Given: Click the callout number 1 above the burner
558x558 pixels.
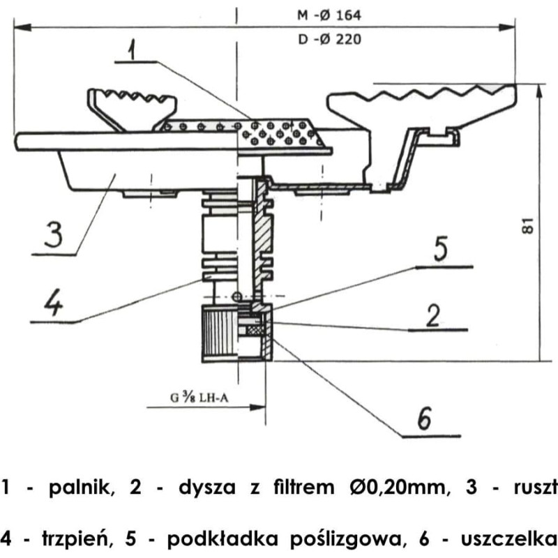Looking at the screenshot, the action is point(133,50).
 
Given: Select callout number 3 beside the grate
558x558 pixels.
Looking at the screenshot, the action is point(54,234).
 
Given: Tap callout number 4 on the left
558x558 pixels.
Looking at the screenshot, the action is point(54,302).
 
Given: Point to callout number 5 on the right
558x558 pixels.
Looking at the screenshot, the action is point(441,249).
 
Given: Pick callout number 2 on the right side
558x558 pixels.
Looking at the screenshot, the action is point(433,315).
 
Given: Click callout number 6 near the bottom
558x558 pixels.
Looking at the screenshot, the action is point(424,418).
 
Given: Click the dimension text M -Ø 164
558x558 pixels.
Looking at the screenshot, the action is point(329,15).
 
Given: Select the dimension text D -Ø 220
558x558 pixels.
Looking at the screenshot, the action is point(329,39).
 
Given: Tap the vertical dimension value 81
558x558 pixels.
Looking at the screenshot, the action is point(528,225).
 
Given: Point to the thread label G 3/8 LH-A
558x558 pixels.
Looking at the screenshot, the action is point(199,397).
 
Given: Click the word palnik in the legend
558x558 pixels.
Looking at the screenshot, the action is point(82,487).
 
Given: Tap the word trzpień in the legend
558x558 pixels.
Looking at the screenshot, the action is point(75,539).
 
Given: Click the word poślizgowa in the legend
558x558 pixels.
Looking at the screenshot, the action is point(348,540).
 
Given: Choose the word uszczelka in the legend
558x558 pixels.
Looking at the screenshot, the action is point(509,538).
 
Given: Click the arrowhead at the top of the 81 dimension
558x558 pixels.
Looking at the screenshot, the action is point(539,91).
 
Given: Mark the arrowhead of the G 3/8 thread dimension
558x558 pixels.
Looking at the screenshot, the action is point(257,407).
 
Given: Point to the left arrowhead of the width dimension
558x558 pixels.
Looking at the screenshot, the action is point(22,27).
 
